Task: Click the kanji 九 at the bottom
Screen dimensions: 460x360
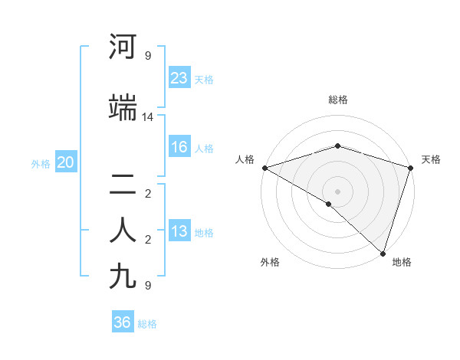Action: pyautogui.click(x=123, y=276)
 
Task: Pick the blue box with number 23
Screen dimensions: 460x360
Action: pyautogui.click(x=179, y=78)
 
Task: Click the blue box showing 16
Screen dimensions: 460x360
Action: pyautogui.click(x=179, y=148)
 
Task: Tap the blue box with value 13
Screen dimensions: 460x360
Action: pyautogui.click(x=179, y=232)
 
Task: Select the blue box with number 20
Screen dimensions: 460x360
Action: pyautogui.click(x=66, y=162)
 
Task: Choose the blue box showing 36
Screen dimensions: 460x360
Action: pyautogui.click(x=123, y=322)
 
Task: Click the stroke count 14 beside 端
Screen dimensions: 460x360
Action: pyautogui.click(x=148, y=117)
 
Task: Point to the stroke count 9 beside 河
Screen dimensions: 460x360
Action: pyautogui.click(x=148, y=56)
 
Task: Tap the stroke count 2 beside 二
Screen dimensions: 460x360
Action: pyautogui.click(x=148, y=194)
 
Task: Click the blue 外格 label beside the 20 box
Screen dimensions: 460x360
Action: pyautogui.click(x=41, y=163)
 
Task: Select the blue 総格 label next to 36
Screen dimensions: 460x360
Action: pyautogui.click(x=147, y=324)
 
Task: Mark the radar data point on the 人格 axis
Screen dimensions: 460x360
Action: pyautogui.click(x=264, y=168)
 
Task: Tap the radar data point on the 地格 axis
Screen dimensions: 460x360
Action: pyautogui.click(x=383, y=253)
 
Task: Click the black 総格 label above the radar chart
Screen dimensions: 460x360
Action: pyautogui.click(x=337, y=100)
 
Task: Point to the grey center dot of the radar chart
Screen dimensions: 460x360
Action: pyautogui.click(x=337, y=191)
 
